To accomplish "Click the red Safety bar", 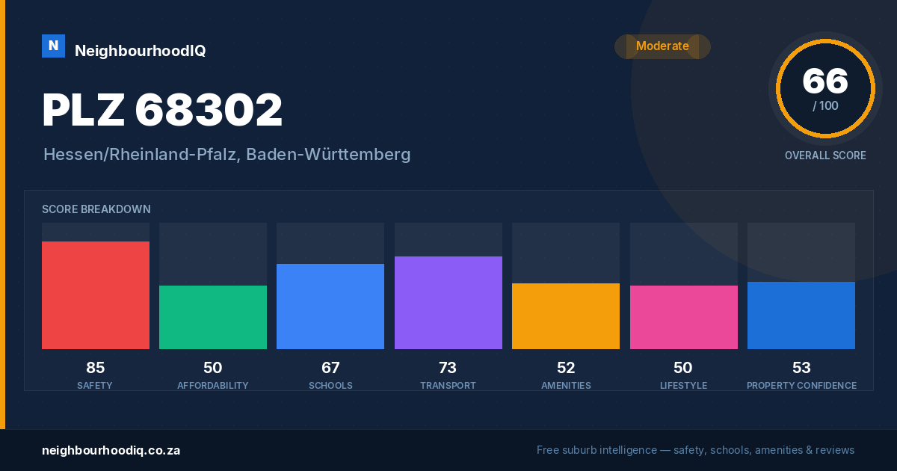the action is click(x=96, y=295).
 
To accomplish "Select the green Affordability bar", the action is click(x=213, y=317).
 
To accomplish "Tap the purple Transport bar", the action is click(x=448, y=303).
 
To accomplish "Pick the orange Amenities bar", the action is click(x=566, y=316).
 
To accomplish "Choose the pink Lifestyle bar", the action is click(x=683, y=317).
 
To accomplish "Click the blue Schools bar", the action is click(x=330, y=307).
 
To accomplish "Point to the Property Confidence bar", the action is click(x=801, y=315).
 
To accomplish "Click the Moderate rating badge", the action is click(x=662, y=46).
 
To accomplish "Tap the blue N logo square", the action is click(x=53, y=46).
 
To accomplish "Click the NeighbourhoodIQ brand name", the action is click(x=141, y=51).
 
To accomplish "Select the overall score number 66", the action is click(x=825, y=81).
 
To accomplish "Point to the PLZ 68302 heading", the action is click(x=162, y=110).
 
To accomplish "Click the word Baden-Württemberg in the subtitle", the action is click(x=328, y=155).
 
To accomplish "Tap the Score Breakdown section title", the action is click(x=96, y=209).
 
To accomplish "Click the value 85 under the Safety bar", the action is click(x=96, y=368).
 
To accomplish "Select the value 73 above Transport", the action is click(x=448, y=368).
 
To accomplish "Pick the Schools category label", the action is click(x=330, y=385).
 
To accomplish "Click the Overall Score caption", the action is click(x=825, y=156).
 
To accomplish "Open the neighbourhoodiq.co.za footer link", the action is click(x=111, y=451).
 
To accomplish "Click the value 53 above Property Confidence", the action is click(x=801, y=368).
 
